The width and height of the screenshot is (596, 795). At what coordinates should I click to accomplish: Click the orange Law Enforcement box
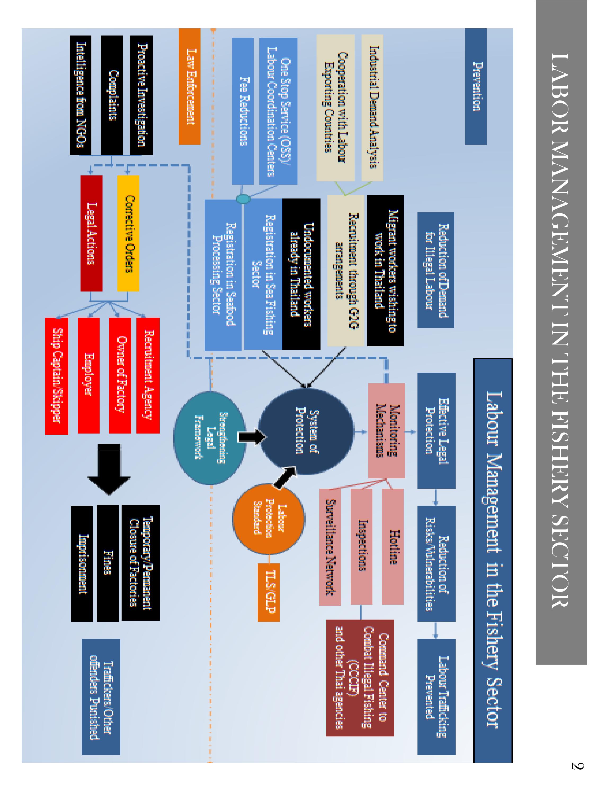coord(189,86)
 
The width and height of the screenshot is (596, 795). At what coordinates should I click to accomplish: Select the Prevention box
coord(476,86)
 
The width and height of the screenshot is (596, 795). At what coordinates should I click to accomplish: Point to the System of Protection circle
coord(306,431)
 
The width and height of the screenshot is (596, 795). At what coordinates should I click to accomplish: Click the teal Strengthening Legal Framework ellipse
coord(210,438)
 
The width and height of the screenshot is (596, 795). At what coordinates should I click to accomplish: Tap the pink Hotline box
coord(392,546)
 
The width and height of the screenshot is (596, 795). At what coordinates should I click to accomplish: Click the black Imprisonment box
coord(82,564)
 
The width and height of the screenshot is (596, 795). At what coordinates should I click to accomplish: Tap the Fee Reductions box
coord(242,111)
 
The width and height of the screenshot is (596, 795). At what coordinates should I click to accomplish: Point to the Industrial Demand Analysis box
coord(372,108)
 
